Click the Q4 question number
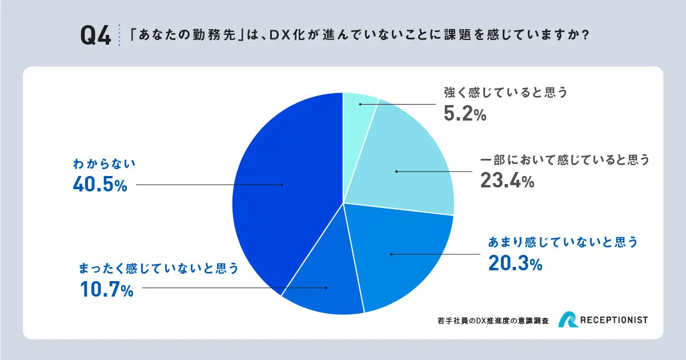point(95,36)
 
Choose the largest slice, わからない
point(280,189)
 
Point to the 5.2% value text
point(465,114)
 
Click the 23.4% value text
point(508,182)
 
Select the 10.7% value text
point(107,290)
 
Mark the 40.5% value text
point(100,185)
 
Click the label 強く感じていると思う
point(506,93)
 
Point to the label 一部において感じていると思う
point(564,160)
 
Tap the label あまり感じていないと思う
point(563,242)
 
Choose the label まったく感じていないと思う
point(158,268)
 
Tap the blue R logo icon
point(570,321)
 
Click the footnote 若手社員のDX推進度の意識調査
point(492,321)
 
